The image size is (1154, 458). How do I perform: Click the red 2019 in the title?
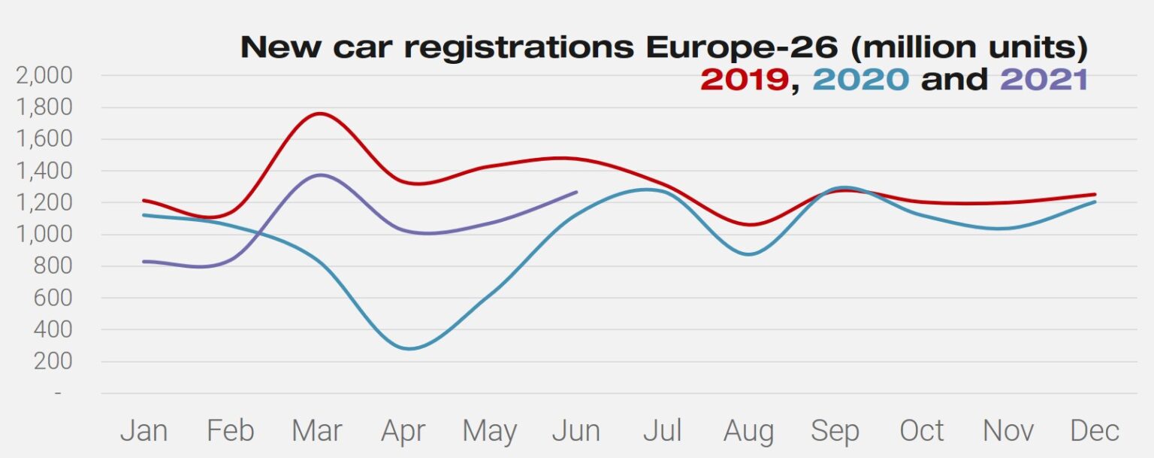coord(744,79)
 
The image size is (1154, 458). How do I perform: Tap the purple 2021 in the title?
coord(1044,79)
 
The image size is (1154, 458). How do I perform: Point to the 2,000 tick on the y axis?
coord(43,75)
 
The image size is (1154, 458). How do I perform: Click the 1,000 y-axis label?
coord(43,235)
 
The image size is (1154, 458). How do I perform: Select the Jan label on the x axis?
coord(143,431)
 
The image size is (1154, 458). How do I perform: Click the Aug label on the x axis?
coord(748,431)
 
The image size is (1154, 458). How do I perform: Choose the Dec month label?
coord(1094,431)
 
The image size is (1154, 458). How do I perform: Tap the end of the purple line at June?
coord(576,192)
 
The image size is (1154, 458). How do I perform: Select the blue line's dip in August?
coord(748,254)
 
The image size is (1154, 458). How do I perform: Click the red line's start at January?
coord(143,200)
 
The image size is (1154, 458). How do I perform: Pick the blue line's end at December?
coord(1094,202)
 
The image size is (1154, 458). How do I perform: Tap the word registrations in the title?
coord(518,47)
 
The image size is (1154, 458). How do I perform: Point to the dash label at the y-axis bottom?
coord(58,393)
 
